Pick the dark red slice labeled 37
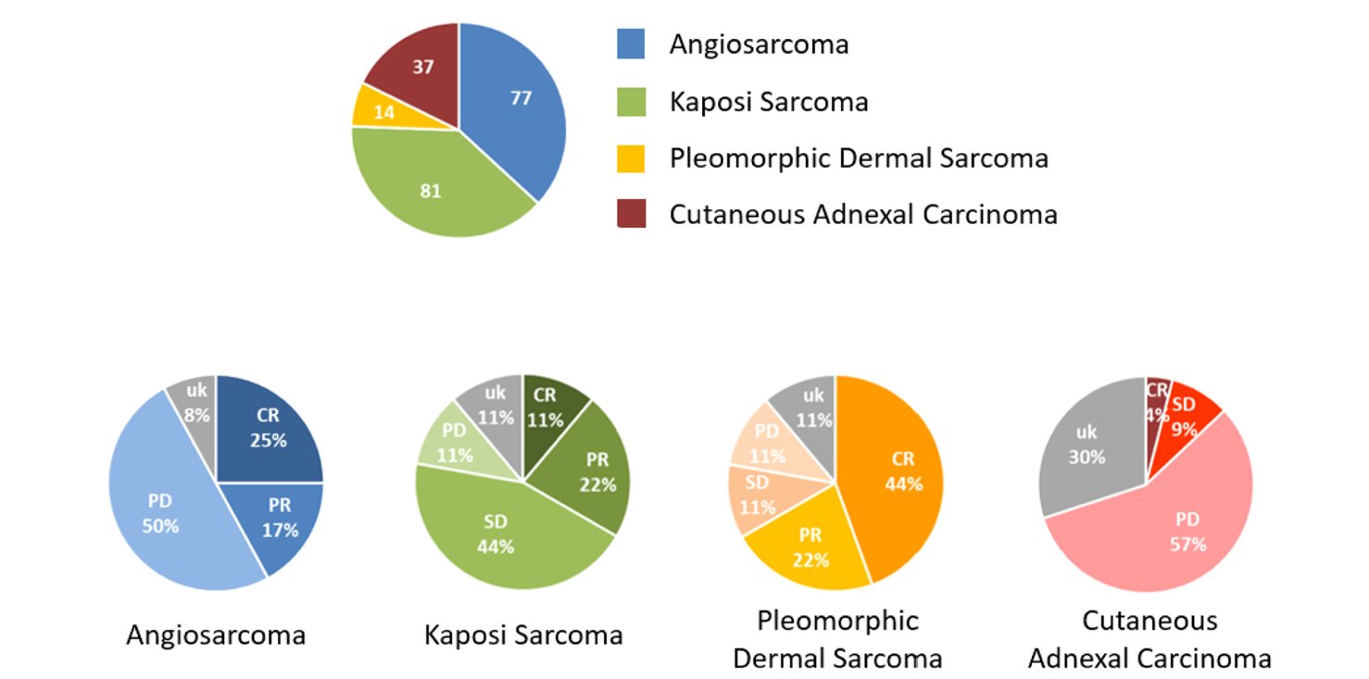click(421, 69)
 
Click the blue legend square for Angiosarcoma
click(631, 44)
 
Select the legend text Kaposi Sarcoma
click(769, 101)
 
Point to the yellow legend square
click(631, 158)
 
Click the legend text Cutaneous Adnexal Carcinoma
click(863, 215)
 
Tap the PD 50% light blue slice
click(162, 514)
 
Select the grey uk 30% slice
click(1087, 445)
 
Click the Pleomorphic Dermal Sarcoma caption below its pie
click(837, 639)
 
